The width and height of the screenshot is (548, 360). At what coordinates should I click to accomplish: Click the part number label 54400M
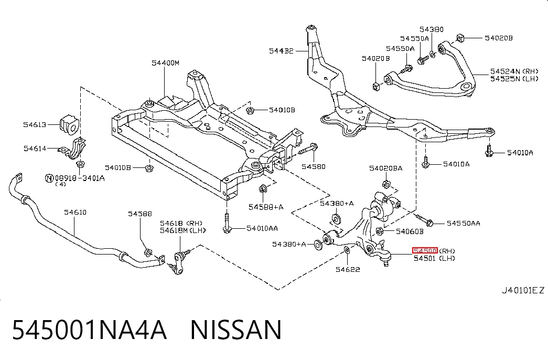(x=165, y=63)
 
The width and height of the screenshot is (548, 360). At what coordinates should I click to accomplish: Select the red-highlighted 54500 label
(x=425, y=250)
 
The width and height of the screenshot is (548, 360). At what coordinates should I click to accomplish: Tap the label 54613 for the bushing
(x=35, y=124)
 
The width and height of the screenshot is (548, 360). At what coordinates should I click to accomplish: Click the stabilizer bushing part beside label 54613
(x=70, y=124)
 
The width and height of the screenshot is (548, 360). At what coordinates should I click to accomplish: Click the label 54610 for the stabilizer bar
(x=75, y=212)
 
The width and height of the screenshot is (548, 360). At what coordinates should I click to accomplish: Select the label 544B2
(x=281, y=51)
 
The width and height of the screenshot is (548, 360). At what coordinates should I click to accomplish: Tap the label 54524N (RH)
(x=514, y=71)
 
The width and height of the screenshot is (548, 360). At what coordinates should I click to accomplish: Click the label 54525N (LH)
(x=514, y=79)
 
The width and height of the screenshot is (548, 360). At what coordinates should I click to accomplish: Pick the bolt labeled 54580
(x=308, y=149)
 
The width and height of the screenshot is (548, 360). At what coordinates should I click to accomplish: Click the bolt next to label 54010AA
(x=227, y=223)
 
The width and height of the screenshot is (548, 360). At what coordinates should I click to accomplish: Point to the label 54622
(x=348, y=269)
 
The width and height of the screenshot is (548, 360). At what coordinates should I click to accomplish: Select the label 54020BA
(x=386, y=168)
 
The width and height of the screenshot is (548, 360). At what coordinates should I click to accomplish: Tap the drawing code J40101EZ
(x=523, y=290)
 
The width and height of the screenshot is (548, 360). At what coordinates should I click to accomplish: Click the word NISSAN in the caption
(x=236, y=330)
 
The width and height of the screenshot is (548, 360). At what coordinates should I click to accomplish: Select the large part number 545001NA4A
(x=89, y=330)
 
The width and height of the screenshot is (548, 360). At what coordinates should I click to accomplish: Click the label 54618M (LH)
(x=183, y=230)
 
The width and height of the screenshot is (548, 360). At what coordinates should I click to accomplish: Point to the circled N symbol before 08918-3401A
(x=50, y=178)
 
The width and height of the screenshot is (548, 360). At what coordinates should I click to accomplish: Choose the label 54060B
(x=410, y=231)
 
